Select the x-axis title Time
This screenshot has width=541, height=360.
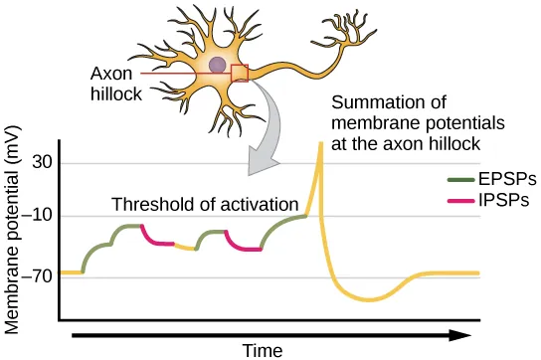[263, 349]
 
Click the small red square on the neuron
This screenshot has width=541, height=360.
[239, 74]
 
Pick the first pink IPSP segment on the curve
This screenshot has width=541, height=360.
[156, 237]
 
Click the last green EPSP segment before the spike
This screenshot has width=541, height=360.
[280, 224]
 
